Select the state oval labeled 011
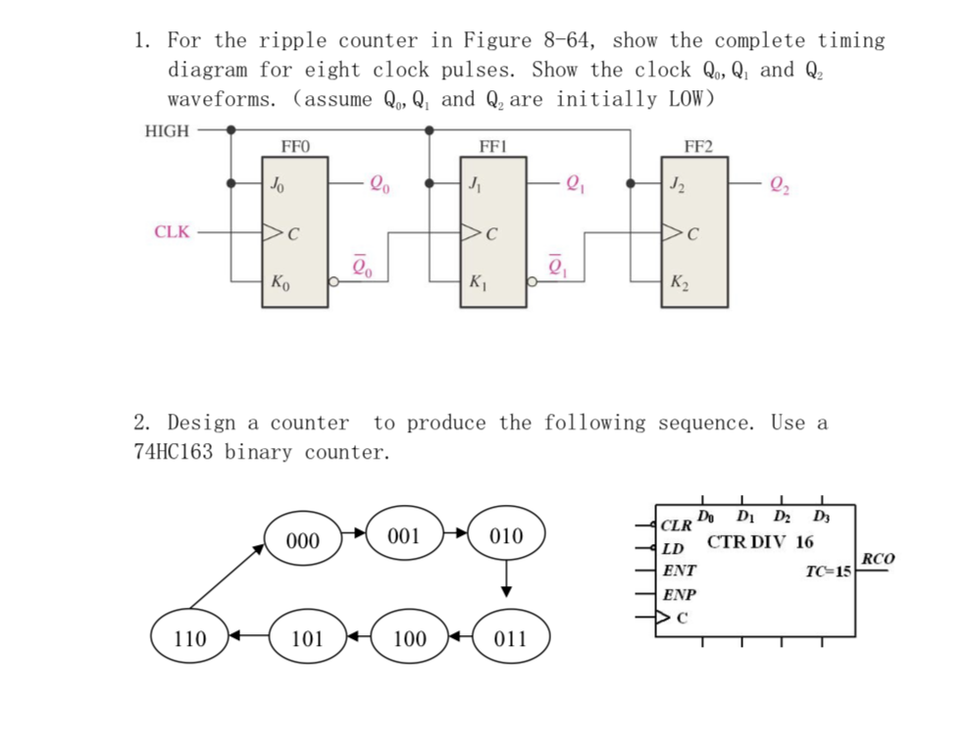510,639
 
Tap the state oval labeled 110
189,639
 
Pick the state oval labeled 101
307,639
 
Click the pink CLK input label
172,232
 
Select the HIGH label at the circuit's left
167,130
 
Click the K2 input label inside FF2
678,284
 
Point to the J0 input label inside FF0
280,182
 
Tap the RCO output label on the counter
877,559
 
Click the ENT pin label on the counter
679,570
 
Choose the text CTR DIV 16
760,541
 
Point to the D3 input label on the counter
821,517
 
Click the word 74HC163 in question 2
175,452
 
